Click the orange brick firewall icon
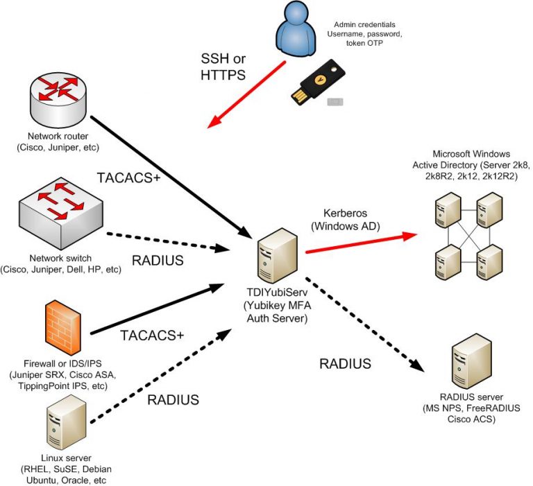[63, 326]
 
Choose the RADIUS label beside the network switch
[159, 261]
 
